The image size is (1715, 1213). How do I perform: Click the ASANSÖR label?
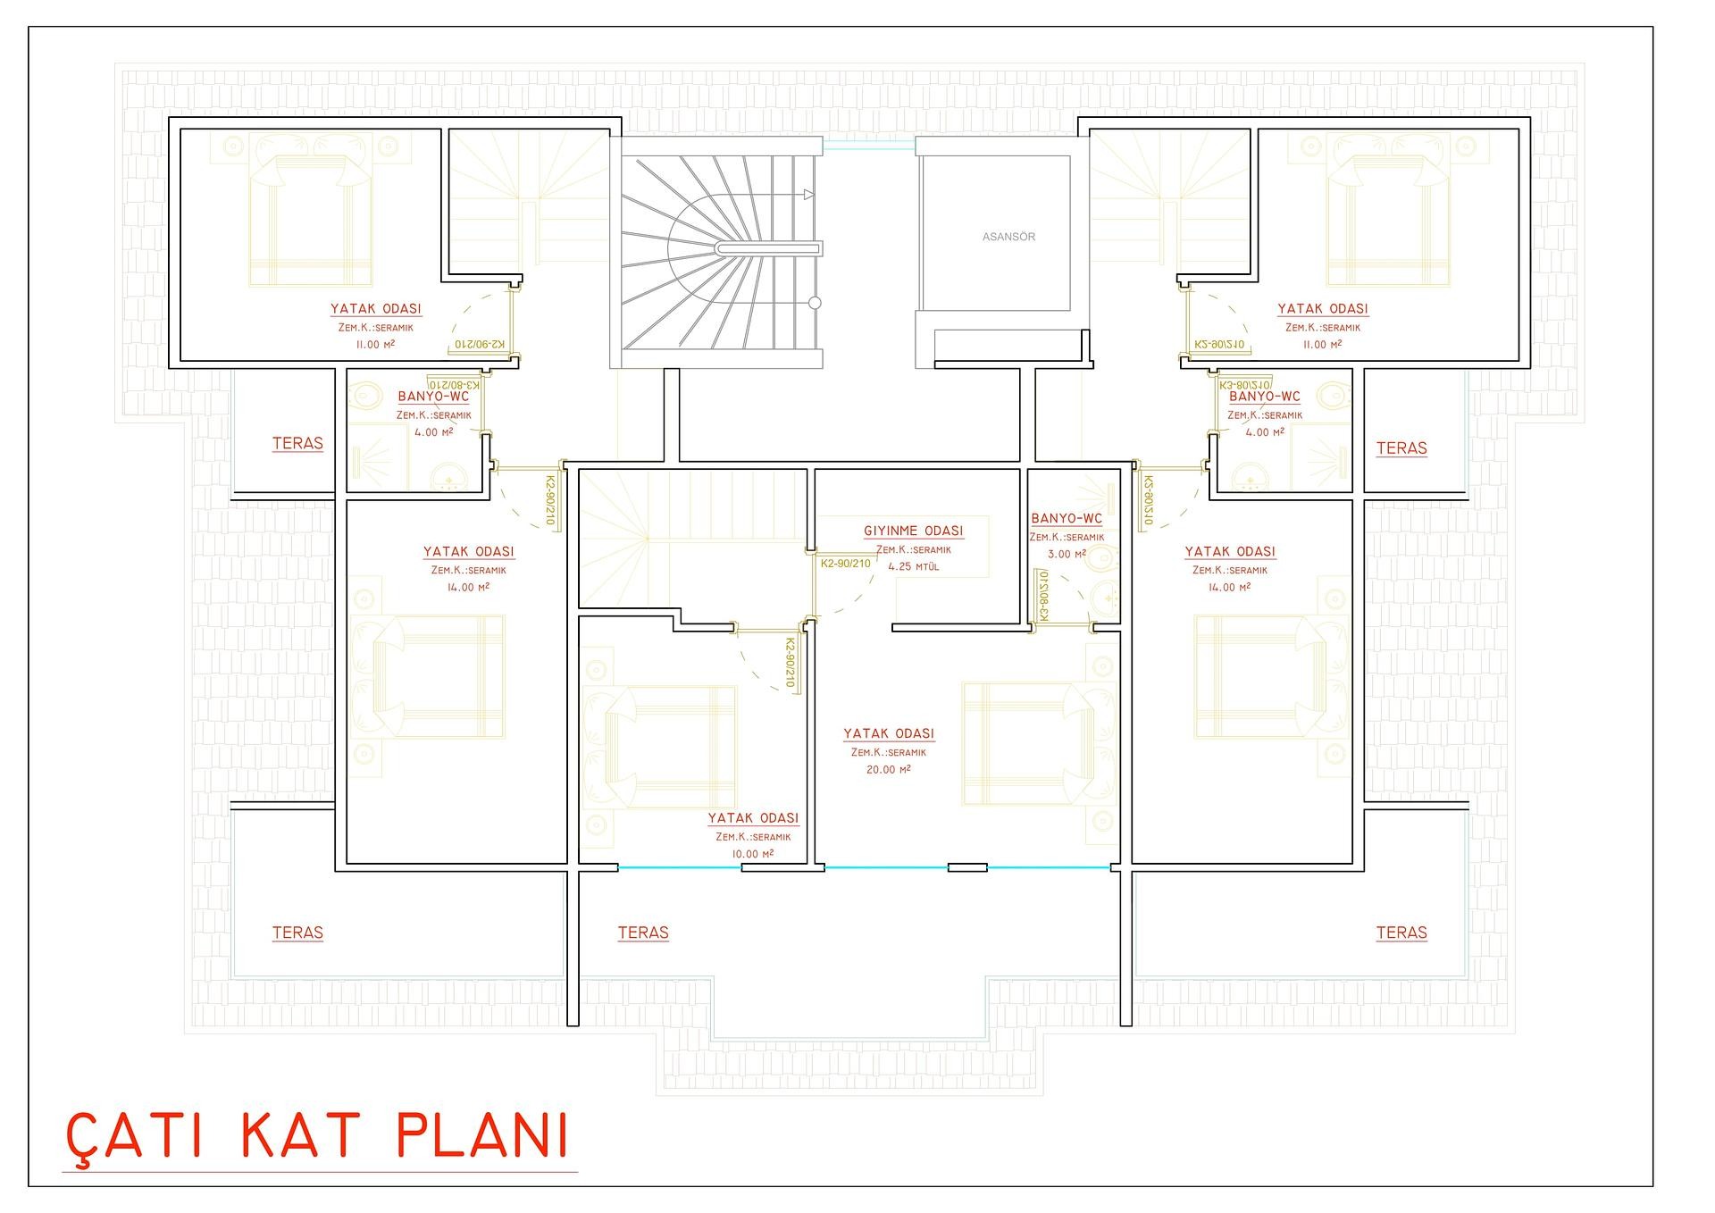tap(1008, 237)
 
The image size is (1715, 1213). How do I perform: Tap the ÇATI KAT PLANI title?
tap(318, 1135)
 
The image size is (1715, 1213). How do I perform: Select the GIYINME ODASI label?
tap(913, 531)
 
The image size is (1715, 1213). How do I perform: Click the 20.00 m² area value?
tap(888, 769)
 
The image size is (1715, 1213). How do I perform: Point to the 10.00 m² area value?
tap(752, 854)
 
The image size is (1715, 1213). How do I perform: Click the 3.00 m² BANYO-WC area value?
tap(1067, 554)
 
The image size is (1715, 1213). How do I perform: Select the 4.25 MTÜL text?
tap(913, 566)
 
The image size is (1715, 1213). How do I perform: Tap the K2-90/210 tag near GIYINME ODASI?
tap(845, 564)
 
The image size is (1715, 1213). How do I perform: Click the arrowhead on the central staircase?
tap(809, 195)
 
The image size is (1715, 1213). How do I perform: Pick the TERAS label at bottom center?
tap(643, 933)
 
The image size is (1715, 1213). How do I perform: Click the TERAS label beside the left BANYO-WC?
tap(297, 443)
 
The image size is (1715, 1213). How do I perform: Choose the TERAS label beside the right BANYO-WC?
tap(1401, 448)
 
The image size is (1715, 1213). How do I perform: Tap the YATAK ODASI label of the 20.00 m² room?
tap(889, 733)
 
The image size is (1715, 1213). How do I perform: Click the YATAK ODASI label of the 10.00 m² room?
tap(753, 818)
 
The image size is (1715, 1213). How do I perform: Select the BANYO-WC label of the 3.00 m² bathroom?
tap(1067, 518)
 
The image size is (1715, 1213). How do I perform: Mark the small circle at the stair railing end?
tap(814, 303)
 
